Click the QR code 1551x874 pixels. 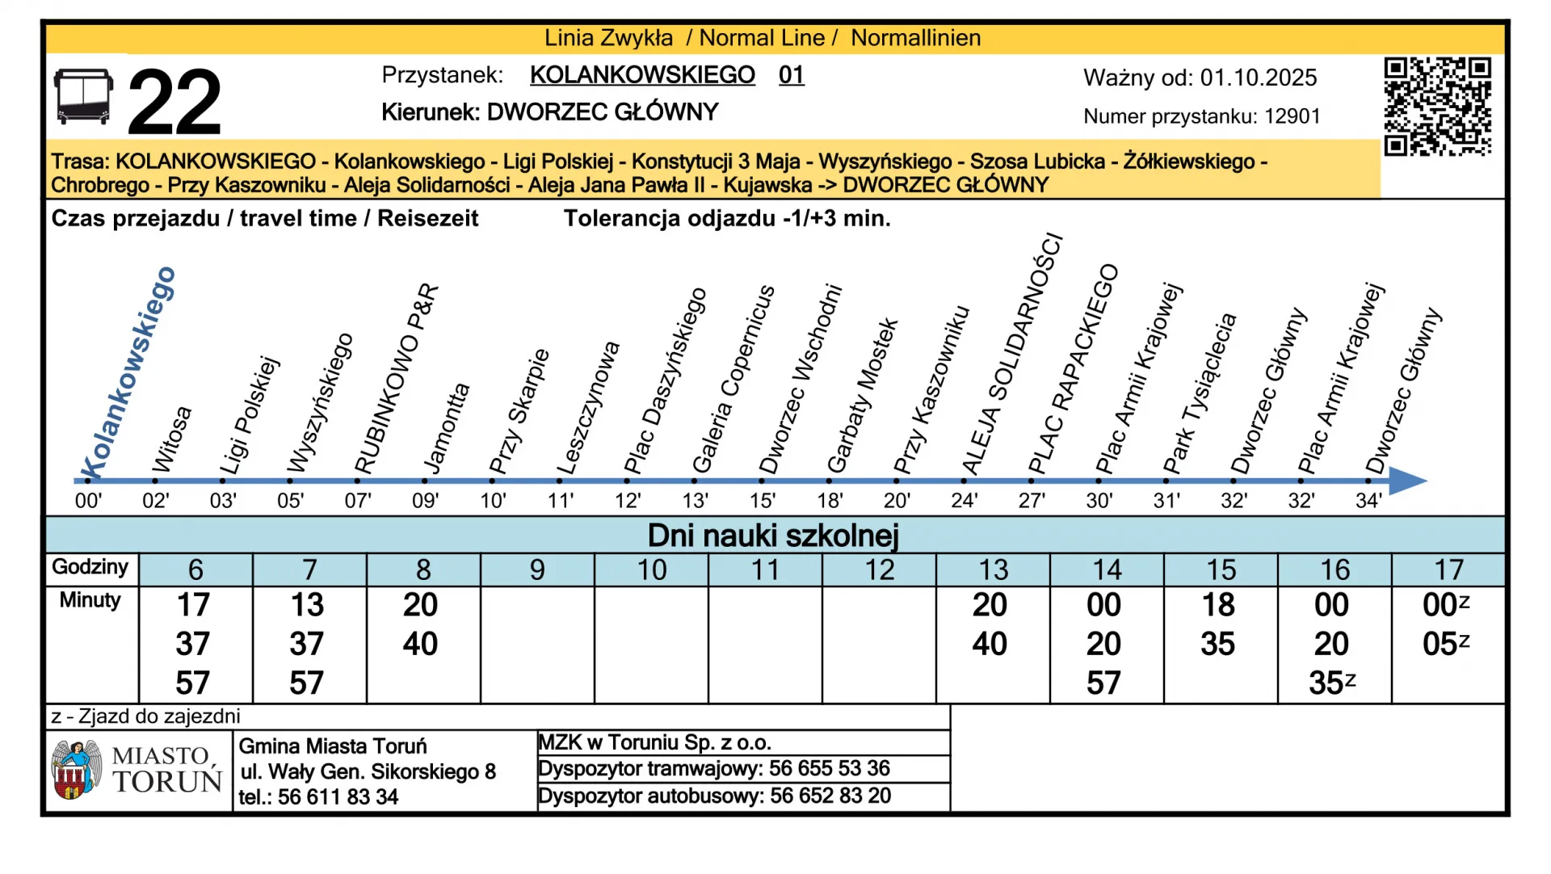pos(1437,106)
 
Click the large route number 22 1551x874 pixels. pos(174,102)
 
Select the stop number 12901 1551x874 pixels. pos(1292,116)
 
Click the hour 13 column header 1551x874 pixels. pos(993,569)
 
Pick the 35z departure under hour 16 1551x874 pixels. pos(1331,683)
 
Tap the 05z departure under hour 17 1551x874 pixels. pos(1445,644)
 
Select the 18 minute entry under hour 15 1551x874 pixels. pos(1218,605)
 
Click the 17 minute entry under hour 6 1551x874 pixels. pos(193,605)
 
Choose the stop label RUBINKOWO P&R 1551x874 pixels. pos(397,380)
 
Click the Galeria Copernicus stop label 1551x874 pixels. pos(733,380)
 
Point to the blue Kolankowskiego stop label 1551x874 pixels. pos(128,373)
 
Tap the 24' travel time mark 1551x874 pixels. pos(964,501)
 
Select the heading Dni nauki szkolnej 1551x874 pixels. pos(773,536)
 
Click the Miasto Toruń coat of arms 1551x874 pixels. pos(76,770)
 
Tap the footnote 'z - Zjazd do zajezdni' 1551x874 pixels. pos(145,716)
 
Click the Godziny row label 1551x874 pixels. pos(90,567)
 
